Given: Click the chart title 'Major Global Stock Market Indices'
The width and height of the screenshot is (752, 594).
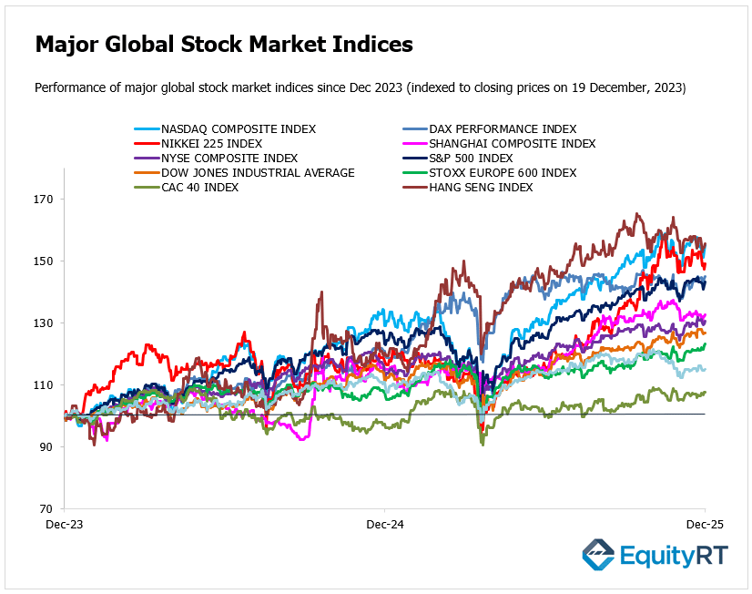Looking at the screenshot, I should [224, 44].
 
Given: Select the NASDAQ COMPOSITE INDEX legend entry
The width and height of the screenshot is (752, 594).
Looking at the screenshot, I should [239, 129].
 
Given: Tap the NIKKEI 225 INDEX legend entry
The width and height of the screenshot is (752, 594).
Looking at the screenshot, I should [211, 144].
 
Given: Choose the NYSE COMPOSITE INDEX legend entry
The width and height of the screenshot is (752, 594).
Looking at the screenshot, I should [229, 159].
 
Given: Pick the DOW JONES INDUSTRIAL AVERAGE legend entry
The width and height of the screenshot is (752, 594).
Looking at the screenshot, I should [258, 173].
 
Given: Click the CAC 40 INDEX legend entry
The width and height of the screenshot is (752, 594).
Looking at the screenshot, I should [200, 188].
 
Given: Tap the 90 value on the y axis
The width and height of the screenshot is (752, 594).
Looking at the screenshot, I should [46, 447].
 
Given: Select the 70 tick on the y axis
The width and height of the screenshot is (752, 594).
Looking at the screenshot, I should [46, 509].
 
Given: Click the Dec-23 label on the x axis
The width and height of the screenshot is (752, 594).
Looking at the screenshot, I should [65, 526].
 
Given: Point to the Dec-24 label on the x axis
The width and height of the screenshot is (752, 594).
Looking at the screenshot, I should [385, 526].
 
